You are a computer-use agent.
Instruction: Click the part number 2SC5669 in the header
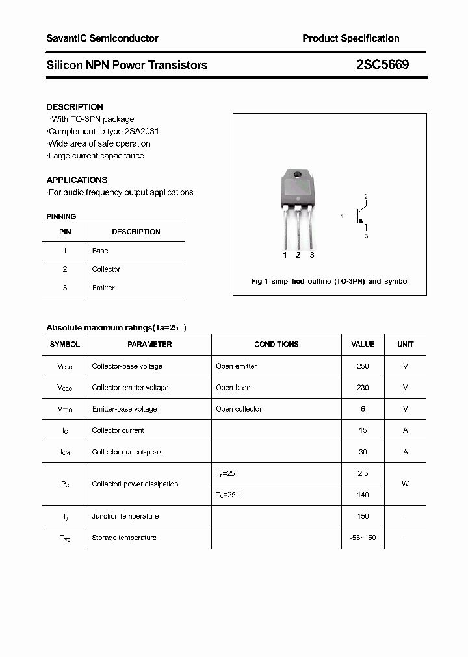382,65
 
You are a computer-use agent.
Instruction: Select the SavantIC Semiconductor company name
102,38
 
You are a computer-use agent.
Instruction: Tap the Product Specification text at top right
350,38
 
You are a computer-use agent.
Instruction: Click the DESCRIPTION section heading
75,107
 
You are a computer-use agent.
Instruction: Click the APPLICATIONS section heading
77,180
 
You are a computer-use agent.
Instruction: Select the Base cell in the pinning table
100,251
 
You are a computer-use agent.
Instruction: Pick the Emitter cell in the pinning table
103,288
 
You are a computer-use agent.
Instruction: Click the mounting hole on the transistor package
298,175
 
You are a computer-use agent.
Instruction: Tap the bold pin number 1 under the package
285,255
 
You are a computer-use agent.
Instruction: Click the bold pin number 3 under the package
312,255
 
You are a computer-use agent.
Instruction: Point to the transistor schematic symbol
358,216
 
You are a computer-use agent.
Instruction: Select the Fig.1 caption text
330,281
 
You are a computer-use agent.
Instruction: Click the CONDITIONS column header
276,344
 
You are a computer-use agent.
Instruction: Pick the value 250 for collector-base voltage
363,366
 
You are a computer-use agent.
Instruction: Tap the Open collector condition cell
239,409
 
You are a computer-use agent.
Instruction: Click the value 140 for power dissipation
363,495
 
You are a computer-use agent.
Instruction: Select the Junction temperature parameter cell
125,516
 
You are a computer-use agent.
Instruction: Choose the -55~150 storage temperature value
363,538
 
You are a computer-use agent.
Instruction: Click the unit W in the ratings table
405,484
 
